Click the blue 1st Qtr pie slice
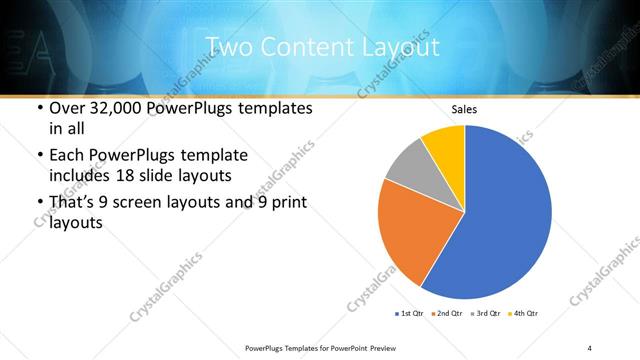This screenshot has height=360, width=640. coord(505,215)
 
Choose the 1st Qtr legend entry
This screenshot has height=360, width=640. coord(409,314)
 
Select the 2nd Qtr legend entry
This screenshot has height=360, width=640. coord(445,314)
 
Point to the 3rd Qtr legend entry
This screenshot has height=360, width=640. coord(486,314)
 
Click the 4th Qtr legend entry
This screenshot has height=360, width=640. coord(524,314)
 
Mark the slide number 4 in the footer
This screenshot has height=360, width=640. coord(590,347)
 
